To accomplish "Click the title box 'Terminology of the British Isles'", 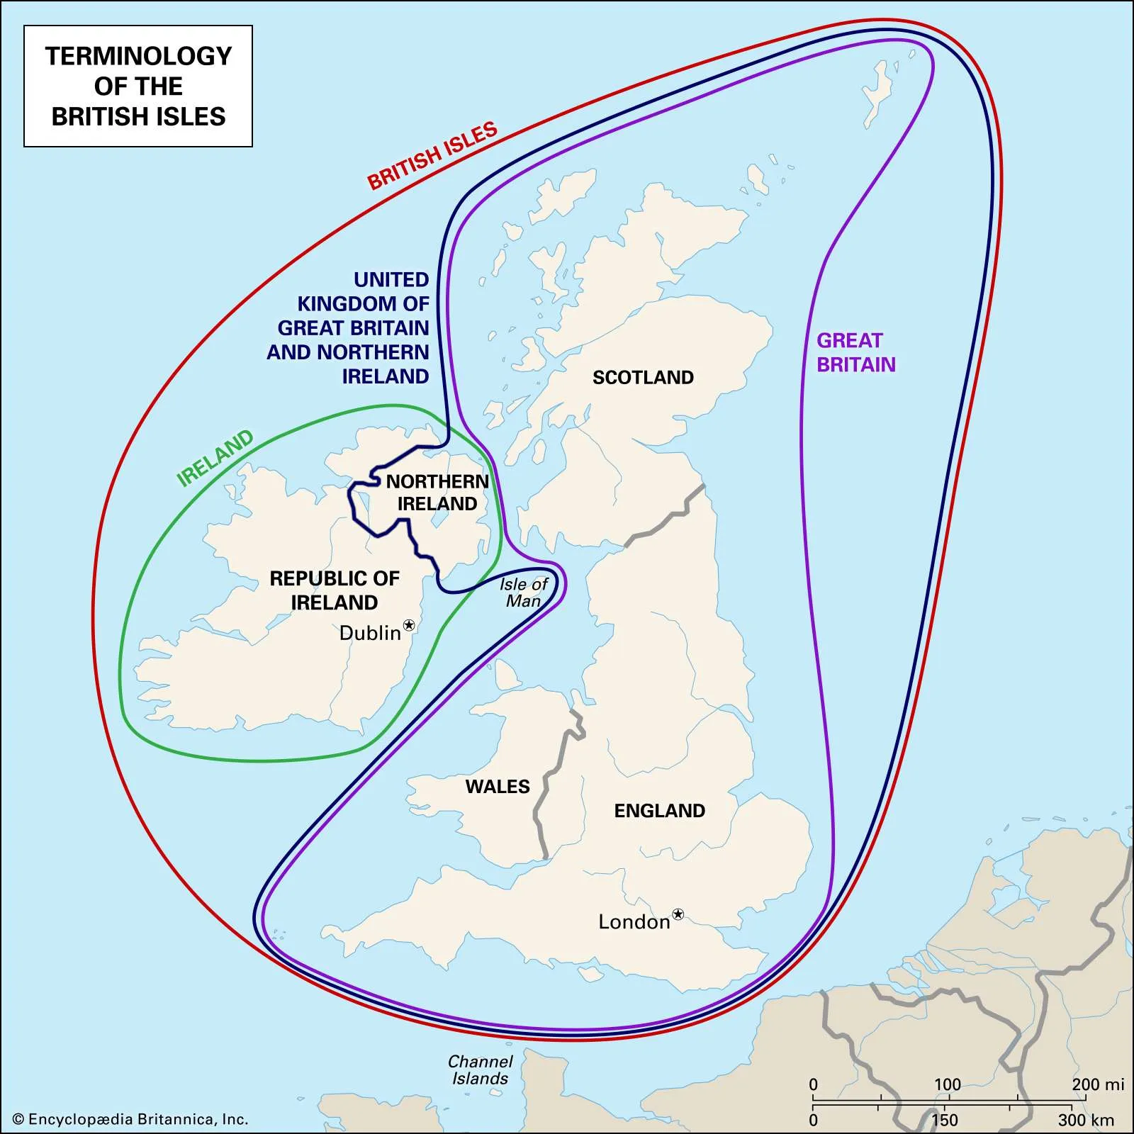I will point(138,86).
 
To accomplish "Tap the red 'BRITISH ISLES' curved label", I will point(432,155).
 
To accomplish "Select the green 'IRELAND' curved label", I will point(215,458).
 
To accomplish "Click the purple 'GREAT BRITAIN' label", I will point(855,352).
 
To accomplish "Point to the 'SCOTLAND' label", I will point(643,377).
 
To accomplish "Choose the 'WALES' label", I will point(498,787).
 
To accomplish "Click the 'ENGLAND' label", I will point(659,811).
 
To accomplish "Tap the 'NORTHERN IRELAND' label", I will point(437,493).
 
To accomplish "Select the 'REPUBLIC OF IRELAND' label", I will point(335,590).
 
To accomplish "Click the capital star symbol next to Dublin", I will point(409,625).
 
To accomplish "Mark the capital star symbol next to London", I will point(678,914).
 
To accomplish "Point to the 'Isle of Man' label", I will point(523,593).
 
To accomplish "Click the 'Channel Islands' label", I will point(480,1070).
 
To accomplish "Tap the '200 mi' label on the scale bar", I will point(1097,1084).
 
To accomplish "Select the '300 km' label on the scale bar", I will point(1086,1120).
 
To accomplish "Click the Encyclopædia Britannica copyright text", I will point(131,1119).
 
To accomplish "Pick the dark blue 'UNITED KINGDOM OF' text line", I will point(363,303).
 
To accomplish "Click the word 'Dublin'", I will point(370,633).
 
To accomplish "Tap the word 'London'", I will point(634,922).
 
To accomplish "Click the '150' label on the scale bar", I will point(944,1120).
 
